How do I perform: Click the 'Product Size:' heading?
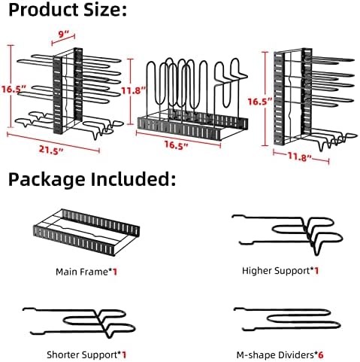tap(68, 10)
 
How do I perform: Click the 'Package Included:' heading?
tap(92, 180)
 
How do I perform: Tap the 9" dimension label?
tap(63, 34)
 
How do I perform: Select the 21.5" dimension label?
tap(51, 151)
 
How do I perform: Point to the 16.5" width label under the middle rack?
tap(176, 145)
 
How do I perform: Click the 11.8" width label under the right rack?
tap(300, 157)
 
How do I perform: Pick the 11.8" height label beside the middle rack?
tap(133, 90)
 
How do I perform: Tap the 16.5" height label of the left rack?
tap(14, 89)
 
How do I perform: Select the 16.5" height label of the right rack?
tap(260, 102)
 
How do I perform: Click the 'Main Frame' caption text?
tap(82, 272)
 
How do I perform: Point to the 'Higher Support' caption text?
tap(276, 271)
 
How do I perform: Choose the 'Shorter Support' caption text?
tap(82, 354)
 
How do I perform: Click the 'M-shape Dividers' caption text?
tap(275, 355)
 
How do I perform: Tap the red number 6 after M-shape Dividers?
tap(321, 355)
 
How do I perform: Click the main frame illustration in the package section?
tap(86, 232)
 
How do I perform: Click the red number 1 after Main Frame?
tap(115, 272)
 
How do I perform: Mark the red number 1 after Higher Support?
tap(316, 271)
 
